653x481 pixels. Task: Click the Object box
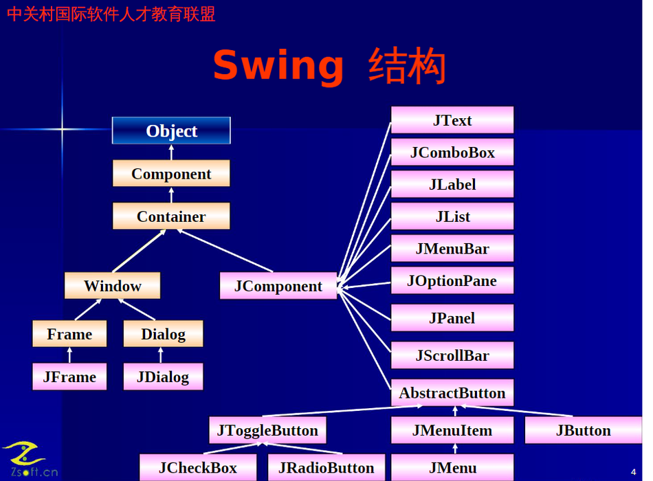[171, 131]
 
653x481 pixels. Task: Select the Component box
[171, 174]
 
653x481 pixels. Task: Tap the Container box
[171, 216]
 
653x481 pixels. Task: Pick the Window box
[112, 286]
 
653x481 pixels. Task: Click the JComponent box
[278, 286]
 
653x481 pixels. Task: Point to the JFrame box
[69, 377]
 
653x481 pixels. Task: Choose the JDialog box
[163, 377]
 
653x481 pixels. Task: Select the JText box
[452, 120]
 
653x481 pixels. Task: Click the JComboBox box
[452, 152]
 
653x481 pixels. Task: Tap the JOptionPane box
[452, 280]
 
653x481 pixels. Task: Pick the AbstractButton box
[452, 393]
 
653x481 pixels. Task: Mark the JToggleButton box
[267, 431]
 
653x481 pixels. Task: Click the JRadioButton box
[326, 468]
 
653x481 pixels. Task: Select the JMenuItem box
[452, 431]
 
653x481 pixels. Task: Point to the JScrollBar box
[452, 355]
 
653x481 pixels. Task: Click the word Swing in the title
[278, 66]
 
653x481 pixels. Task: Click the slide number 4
[633, 471]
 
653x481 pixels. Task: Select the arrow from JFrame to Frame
[69, 355]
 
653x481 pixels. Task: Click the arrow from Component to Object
[171, 152]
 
